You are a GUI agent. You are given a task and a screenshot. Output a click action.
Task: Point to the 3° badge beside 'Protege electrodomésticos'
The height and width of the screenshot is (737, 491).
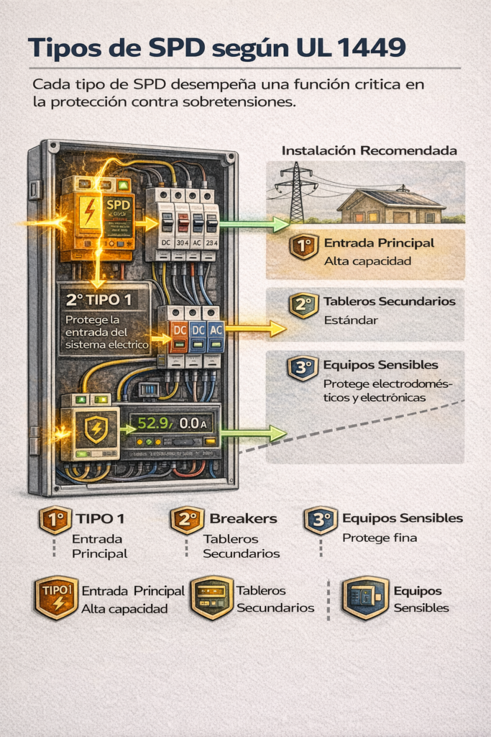point(302,368)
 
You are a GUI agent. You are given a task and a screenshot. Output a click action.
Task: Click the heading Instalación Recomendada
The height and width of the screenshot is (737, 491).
point(369,151)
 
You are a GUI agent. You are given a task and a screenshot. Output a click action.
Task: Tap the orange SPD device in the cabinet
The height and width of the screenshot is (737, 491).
point(98,216)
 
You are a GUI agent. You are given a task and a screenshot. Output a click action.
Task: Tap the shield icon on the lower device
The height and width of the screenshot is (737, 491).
point(96,430)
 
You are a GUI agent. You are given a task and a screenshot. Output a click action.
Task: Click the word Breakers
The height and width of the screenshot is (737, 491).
point(243,518)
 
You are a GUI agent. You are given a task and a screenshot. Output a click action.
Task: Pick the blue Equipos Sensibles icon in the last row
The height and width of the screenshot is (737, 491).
point(365,597)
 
